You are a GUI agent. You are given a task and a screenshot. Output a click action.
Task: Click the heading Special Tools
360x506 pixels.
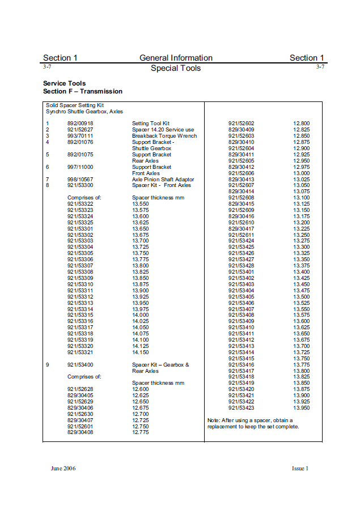click(x=176, y=69)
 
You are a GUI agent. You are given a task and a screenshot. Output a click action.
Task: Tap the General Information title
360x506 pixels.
click(x=176, y=58)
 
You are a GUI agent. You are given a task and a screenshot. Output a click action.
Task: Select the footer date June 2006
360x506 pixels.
click(x=63, y=468)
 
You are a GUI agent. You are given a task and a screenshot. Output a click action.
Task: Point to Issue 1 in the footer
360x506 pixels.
click(x=300, y=468)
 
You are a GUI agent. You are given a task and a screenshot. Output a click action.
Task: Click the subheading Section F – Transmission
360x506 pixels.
click(x=83, y=91)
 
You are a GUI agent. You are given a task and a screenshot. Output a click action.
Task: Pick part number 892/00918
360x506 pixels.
click(x=81, y=124)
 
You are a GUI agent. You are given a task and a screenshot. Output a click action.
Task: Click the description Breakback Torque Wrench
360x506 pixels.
click(x=164, y=136)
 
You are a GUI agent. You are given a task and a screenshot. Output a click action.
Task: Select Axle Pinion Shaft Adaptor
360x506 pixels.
click(x=163, y=180)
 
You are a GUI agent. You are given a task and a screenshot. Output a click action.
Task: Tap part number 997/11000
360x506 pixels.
click(x=81, y=167)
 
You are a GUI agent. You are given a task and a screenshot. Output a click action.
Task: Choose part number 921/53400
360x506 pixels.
click(x=81, y=365)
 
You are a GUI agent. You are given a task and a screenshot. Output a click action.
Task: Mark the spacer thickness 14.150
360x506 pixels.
click(x=141, y=352)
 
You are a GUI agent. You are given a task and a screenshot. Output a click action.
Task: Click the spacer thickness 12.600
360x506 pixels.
click(x=141, y=389)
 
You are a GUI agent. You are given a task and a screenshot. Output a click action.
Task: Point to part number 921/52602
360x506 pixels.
click(x=242, y=124)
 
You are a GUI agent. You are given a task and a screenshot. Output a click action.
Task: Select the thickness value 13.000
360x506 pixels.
click(x=302, y=173)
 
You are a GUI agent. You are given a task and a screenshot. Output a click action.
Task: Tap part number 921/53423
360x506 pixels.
click(x=242, y=408)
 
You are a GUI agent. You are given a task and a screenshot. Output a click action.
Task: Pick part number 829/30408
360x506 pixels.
click(x=81, y=432)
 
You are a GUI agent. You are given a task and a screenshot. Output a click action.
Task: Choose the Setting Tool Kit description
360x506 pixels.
click(x=151, y=124)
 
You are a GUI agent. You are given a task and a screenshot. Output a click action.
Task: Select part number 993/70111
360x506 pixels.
click(x=81, y=136)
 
